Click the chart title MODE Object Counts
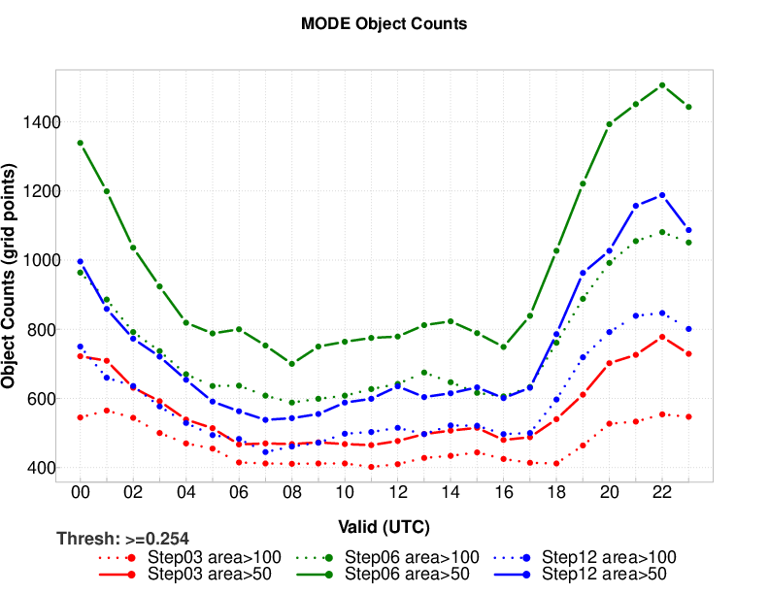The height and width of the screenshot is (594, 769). pyautogui.click(x=384, y=23)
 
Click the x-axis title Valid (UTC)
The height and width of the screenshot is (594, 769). pyautogui.click(x=384, y=526)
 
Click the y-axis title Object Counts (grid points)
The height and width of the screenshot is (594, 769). pyautogui.click(x=12, y=276)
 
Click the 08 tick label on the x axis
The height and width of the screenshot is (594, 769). pyautogui.click(x=292, y=493)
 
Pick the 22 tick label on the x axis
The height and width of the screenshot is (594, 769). pyautogui.click(x=662, y=493)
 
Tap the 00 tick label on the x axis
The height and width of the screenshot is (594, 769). pyautogui.click(x=81, y=493)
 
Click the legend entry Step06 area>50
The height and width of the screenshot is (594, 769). pyautogui.click(x=397, y=574)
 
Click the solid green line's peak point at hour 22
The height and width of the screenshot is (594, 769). pyautogui.click(x=662, y=85)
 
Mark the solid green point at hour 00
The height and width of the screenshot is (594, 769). pyautogui.click(x=81, y=143)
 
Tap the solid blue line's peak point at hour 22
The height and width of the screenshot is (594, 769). pyautogui.click(x=662, y=195)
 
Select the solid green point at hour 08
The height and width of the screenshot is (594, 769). pyautogui.click(x=292, y=363)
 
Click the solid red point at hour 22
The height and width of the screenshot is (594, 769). pyautogui.click(x=662, y=337)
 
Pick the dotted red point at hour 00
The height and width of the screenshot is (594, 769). pyautogui.click(x=81, y=417)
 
